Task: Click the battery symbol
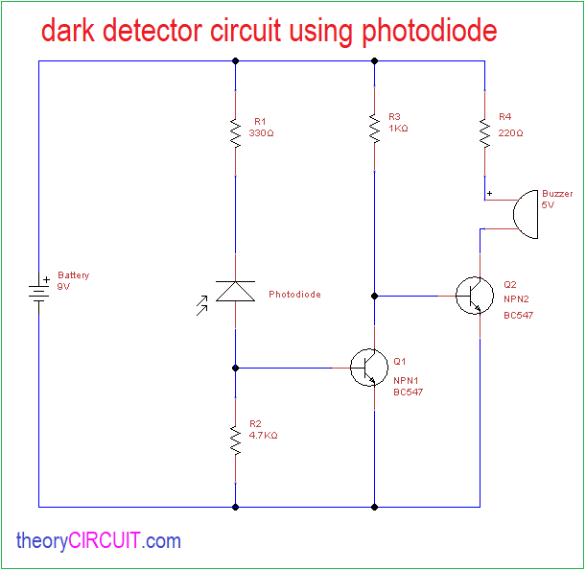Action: pos(39,291)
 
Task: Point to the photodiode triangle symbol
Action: pos(235,291)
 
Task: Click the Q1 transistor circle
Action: pos(368,367)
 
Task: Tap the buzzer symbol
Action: pos(526,215)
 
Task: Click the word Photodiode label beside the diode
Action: pos(294,295)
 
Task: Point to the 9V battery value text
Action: pos(64,286)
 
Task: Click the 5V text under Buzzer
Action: pos(548,204)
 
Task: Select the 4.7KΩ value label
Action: pos(263,435)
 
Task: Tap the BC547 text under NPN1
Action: pos(408,392)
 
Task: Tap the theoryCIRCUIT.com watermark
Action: pos(98,541)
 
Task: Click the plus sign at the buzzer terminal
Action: pos(490,194)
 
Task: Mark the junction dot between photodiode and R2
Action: pos(235,368)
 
